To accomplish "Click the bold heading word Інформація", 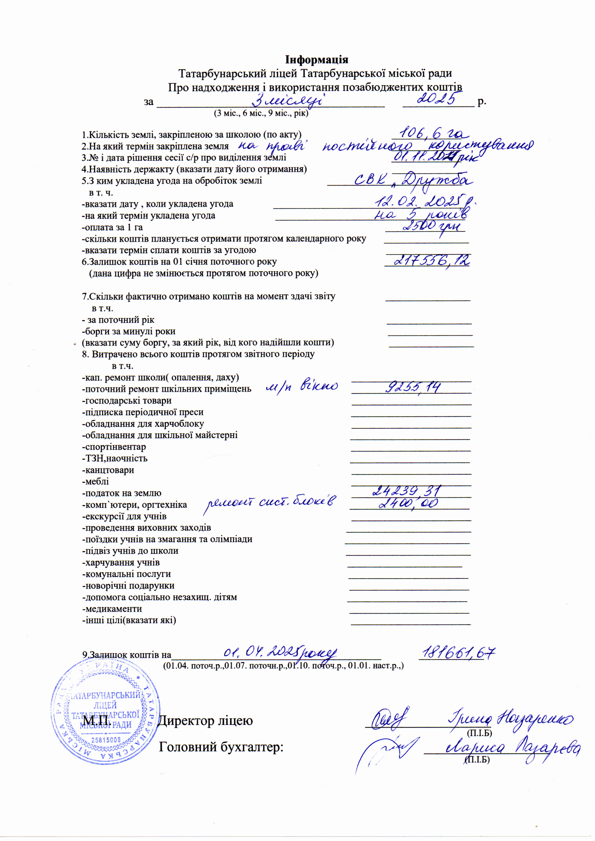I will pyautogui.click(x=317, y=59).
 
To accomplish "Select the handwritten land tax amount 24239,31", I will pyautogui.click(x=407, y=491).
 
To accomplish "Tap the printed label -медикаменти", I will pyautogui.click(x=112, y=609).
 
